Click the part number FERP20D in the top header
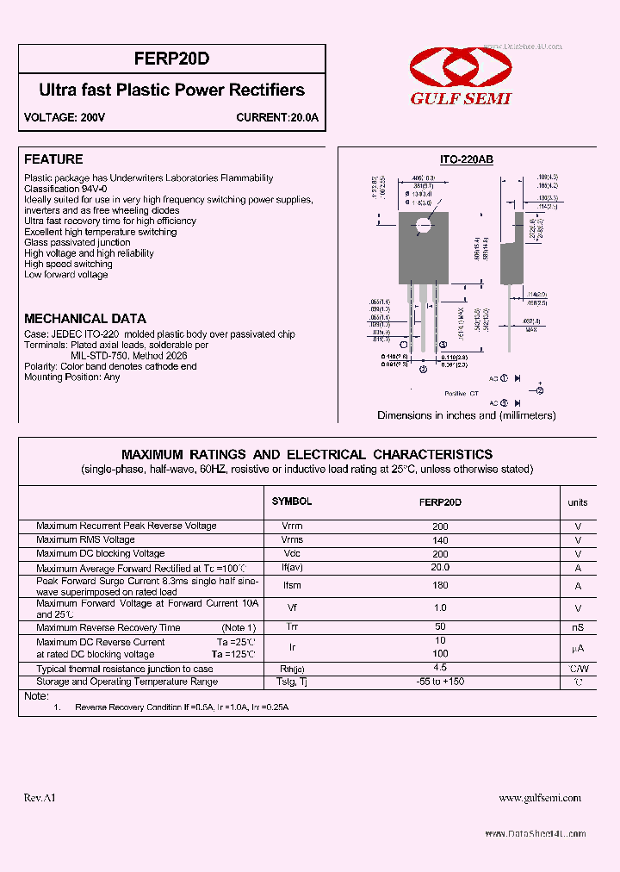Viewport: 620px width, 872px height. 172,59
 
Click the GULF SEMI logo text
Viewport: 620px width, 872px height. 460,98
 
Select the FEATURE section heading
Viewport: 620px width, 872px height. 53,159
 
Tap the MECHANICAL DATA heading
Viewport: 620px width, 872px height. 85,318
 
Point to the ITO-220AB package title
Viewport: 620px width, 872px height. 467,159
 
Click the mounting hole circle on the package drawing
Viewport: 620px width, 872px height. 422,226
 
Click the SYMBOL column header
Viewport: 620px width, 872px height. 292,501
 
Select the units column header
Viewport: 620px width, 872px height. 578,502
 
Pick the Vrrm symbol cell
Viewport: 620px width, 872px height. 292,526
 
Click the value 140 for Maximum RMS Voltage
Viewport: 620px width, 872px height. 440,539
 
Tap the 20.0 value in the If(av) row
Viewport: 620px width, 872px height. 440,568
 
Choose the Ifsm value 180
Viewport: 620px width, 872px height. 440,586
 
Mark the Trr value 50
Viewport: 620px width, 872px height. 440,627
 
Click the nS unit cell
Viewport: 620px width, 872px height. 578,628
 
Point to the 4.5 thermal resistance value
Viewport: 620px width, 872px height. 440,668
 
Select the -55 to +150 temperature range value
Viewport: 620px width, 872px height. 440,682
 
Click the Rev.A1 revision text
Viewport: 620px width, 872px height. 40,799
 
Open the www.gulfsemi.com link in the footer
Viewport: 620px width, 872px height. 540,799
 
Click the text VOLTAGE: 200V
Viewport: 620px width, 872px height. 65,118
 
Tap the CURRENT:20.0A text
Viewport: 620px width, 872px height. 277,118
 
